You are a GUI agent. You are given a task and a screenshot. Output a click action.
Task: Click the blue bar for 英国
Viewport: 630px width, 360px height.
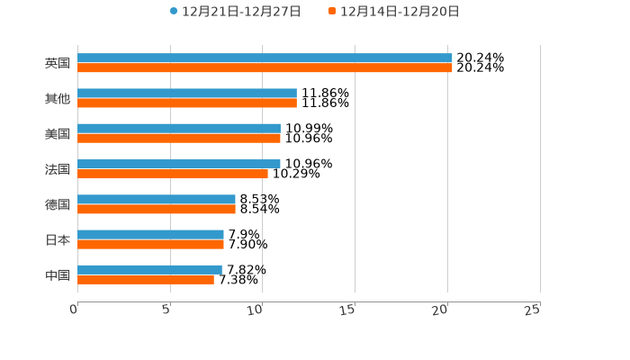(265, 58)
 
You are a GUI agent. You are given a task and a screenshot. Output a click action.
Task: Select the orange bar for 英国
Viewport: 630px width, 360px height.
(265, 68)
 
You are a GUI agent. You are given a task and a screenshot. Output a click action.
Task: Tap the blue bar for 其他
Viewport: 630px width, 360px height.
(187, 94)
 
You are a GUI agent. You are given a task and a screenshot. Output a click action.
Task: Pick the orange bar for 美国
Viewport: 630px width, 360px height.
(179, 139)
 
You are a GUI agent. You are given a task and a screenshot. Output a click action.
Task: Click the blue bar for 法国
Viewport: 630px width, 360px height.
(179, 164)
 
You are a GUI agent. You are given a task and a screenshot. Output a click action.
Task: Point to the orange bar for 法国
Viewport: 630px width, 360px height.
(173, 174)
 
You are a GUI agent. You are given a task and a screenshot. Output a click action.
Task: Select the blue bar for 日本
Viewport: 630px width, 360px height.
(150, 234)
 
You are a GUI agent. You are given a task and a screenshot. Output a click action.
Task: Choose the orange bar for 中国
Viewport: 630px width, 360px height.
(146, 280)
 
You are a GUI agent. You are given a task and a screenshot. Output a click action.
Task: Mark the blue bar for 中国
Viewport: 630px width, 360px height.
(149, 269)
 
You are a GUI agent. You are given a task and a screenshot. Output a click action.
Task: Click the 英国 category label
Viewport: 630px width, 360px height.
(58, 64)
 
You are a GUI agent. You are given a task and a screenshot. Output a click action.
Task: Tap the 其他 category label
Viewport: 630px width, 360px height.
(58, 99)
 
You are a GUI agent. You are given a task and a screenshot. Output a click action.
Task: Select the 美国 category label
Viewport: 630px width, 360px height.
(58, 134)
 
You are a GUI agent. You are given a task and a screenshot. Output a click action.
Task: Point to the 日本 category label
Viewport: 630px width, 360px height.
(58, 240)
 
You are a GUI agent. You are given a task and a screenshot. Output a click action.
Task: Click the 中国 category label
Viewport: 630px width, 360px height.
(58, 275)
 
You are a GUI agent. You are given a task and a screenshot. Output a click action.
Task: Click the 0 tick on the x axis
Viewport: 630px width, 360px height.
(75, 310)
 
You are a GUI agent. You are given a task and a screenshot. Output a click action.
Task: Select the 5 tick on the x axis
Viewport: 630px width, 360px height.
(166, 310)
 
